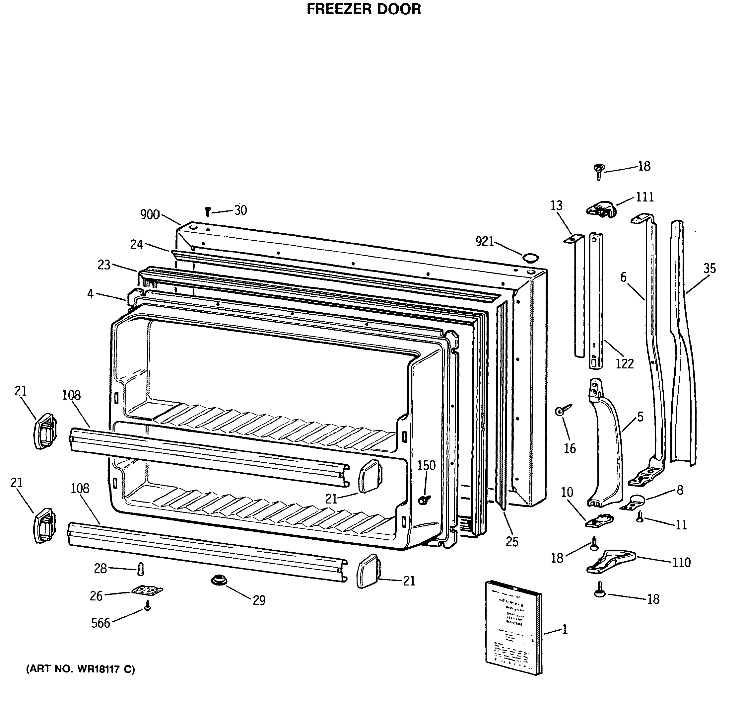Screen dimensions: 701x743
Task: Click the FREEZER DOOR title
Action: pyautogui.click(x=363, y=9)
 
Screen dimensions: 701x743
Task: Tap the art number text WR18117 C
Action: pyautogui.click(x=80, y=669)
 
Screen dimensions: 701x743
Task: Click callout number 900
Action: pyautogui.click(x=150, y=215)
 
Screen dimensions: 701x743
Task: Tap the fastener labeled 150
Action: pyautogui.click(x=424, y=500)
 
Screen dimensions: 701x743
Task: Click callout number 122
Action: pyautogui.click(x=625, y=363)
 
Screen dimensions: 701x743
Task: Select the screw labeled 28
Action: pyautogui.click(x=141, y=569)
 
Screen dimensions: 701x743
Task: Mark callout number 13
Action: pyautogui.click(x=556, y=205)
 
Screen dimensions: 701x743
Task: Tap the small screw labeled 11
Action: pyautogui.click(x=640, y=517)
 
